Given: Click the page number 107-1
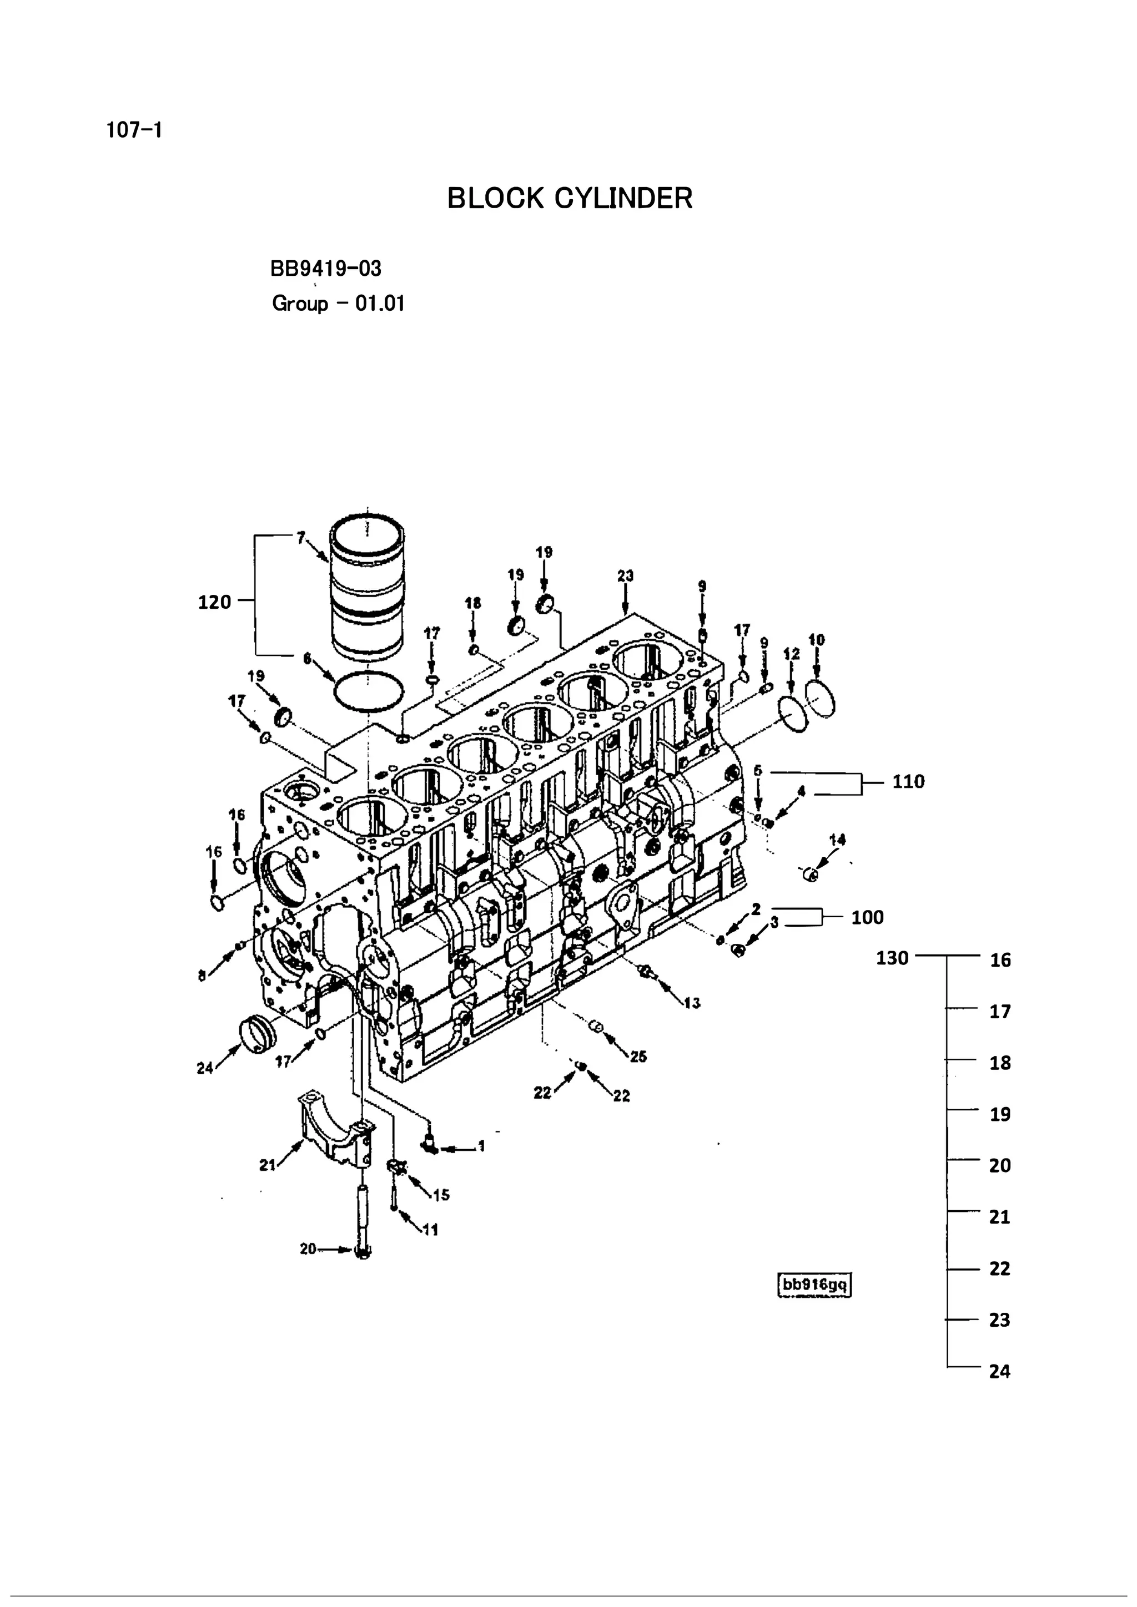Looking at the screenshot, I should tap(134, 130).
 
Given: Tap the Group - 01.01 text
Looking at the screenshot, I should tap(338, 304).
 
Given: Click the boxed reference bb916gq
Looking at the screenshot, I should tap(815, 1285).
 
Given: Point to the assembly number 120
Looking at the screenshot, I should tap(214, 602).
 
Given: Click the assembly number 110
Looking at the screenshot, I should tap(908, 781).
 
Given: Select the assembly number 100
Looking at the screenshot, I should tap(867, 917).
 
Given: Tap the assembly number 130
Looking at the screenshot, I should tap(892, 957).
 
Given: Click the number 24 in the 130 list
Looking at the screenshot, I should tap(1000, 1371).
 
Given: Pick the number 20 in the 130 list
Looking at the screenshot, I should tap(1000, 1165).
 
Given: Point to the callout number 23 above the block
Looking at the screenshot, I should tap(625, 575).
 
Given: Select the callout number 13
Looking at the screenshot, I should tap(692, 1003).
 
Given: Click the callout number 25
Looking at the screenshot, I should tap(638, 1057).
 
